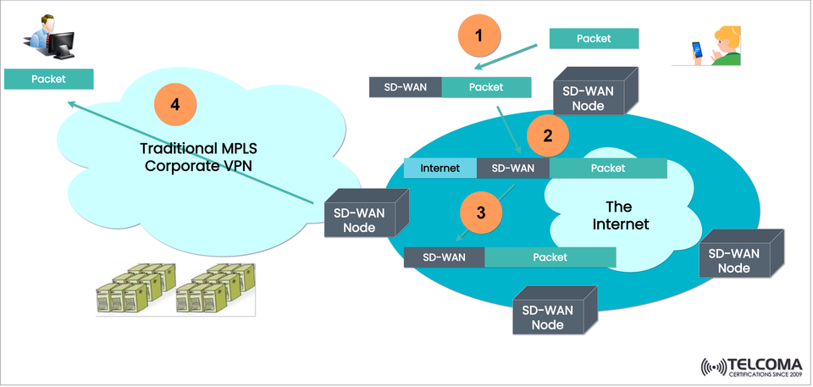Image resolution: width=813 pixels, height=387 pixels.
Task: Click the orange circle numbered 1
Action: [x=480, y=36]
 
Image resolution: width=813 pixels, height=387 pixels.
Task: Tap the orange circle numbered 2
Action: [x=548, y=135]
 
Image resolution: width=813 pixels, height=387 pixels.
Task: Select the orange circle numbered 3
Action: [x=481, y=213]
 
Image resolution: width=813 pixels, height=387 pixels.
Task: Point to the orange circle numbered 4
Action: [x=175, y=105]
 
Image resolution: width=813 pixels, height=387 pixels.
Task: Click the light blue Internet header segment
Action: [x=440, y=169]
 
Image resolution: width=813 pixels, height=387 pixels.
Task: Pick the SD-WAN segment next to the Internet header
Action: [x=513, y=169]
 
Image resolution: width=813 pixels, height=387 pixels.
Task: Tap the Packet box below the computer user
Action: [x=48, y=80]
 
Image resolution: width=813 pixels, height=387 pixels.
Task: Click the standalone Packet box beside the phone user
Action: [x=593, y=39]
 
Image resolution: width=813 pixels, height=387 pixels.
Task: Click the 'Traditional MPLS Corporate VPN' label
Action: [x=199, y=158]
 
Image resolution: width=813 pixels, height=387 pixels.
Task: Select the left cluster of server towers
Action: [x=135, y=288]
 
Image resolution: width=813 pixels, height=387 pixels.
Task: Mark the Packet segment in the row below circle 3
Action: [x=550, y=257]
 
